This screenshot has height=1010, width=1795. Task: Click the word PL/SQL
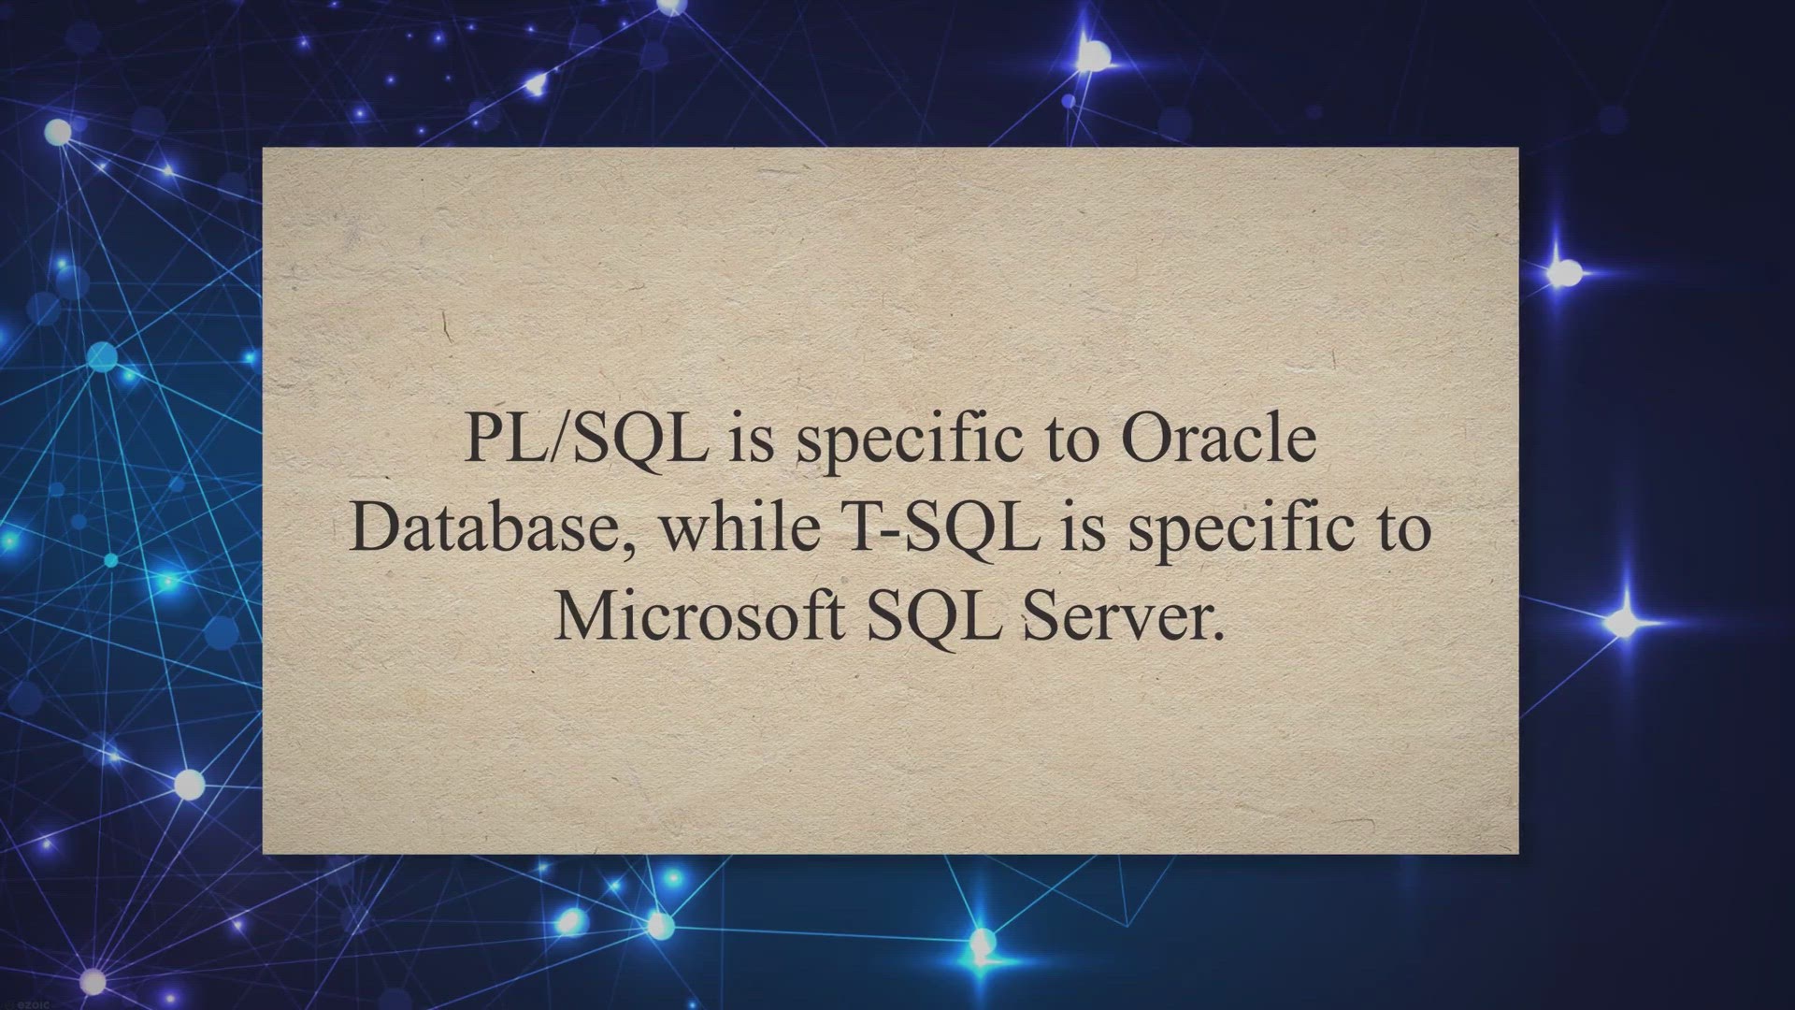[585, 438]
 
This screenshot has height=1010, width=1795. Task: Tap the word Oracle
[1219, 438]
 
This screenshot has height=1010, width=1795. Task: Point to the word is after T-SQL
[1084, 528]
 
